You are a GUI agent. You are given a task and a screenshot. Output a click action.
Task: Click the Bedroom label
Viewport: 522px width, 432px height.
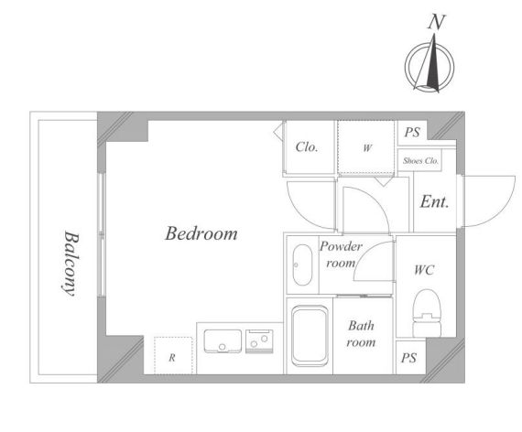click(x=201, y=233)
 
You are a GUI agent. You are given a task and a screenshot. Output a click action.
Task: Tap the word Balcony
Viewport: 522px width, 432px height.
click(x=71, y=264)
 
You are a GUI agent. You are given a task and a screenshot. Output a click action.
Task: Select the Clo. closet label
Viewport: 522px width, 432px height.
click(x=307, y=147)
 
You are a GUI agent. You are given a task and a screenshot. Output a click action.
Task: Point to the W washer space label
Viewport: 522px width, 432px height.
click(x=367, y=147)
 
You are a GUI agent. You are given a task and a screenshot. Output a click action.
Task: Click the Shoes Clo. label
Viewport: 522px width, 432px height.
click(x=420, y=161)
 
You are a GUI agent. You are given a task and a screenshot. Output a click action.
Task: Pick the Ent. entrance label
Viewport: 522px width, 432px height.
click(x=434, y=201)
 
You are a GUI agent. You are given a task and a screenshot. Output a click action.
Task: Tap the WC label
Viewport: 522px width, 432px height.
click(x=424, y=270)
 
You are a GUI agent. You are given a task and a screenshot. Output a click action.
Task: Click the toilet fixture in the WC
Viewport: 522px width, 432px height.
click(x=427, y=313)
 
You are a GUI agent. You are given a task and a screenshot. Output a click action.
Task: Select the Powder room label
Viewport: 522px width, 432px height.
click(x=341, y=254)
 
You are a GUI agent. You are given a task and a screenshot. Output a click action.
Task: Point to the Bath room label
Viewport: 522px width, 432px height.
click(x=361, y=334)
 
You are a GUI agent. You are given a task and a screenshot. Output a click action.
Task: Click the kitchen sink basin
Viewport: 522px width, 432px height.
click(x=223, y=341)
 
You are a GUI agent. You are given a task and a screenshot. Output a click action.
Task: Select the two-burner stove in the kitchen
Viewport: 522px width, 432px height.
click(x=259, y=341)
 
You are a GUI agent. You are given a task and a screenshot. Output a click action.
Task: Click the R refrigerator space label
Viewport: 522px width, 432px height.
click(x=172, y=358)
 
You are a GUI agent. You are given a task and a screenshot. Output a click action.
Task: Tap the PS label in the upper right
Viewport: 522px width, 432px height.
click(x=412, y=133)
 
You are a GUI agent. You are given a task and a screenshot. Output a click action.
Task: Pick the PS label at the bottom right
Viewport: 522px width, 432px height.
click(x=408, y=358)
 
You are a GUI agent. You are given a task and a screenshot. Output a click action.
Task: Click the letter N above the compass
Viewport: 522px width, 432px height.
click(x=437, y=22)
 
